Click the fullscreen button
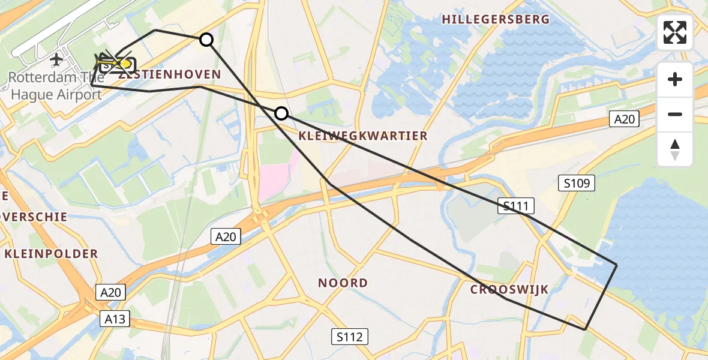(x=675, y=32)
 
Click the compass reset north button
(x=675, y=149)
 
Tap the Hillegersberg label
(x=496, y=20)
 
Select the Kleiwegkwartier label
(x=362, y=136)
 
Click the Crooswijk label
(x=509, y=290)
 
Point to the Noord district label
(x=343, y=283)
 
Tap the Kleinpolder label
(x=51, y=254)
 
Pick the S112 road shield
(x=350, y=337)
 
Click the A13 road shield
(x=114, y=319)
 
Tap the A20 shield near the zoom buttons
(x=624, y=119)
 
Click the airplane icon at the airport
(x=56, y=59)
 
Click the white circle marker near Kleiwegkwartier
(x=281, y=113)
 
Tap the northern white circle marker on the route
(x=206, y=40)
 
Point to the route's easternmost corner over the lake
(x=616, y=264)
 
